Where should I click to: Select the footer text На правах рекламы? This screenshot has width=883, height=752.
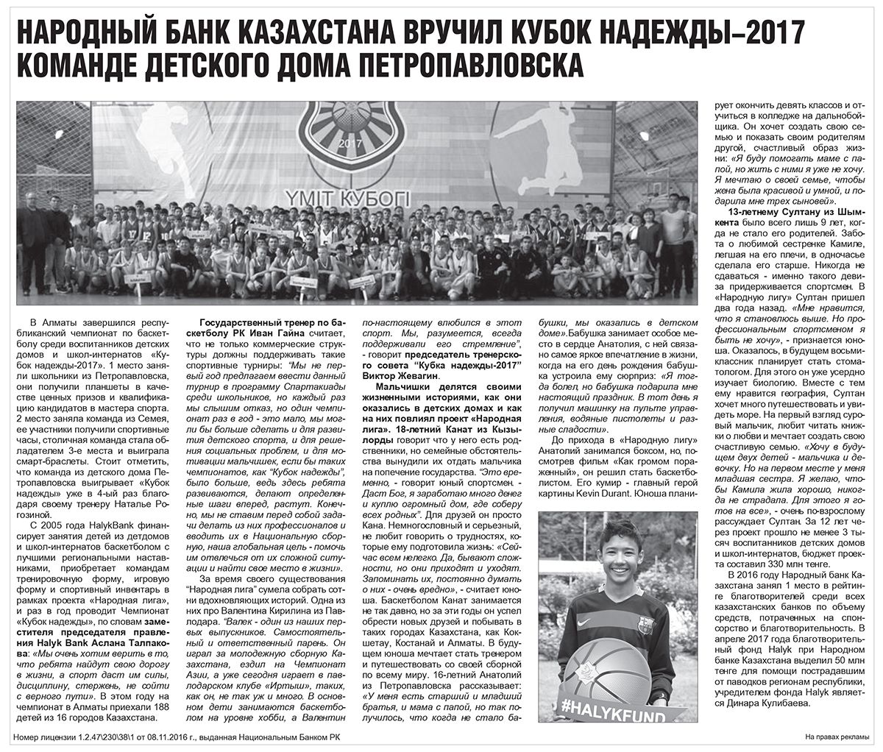point(836,736)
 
